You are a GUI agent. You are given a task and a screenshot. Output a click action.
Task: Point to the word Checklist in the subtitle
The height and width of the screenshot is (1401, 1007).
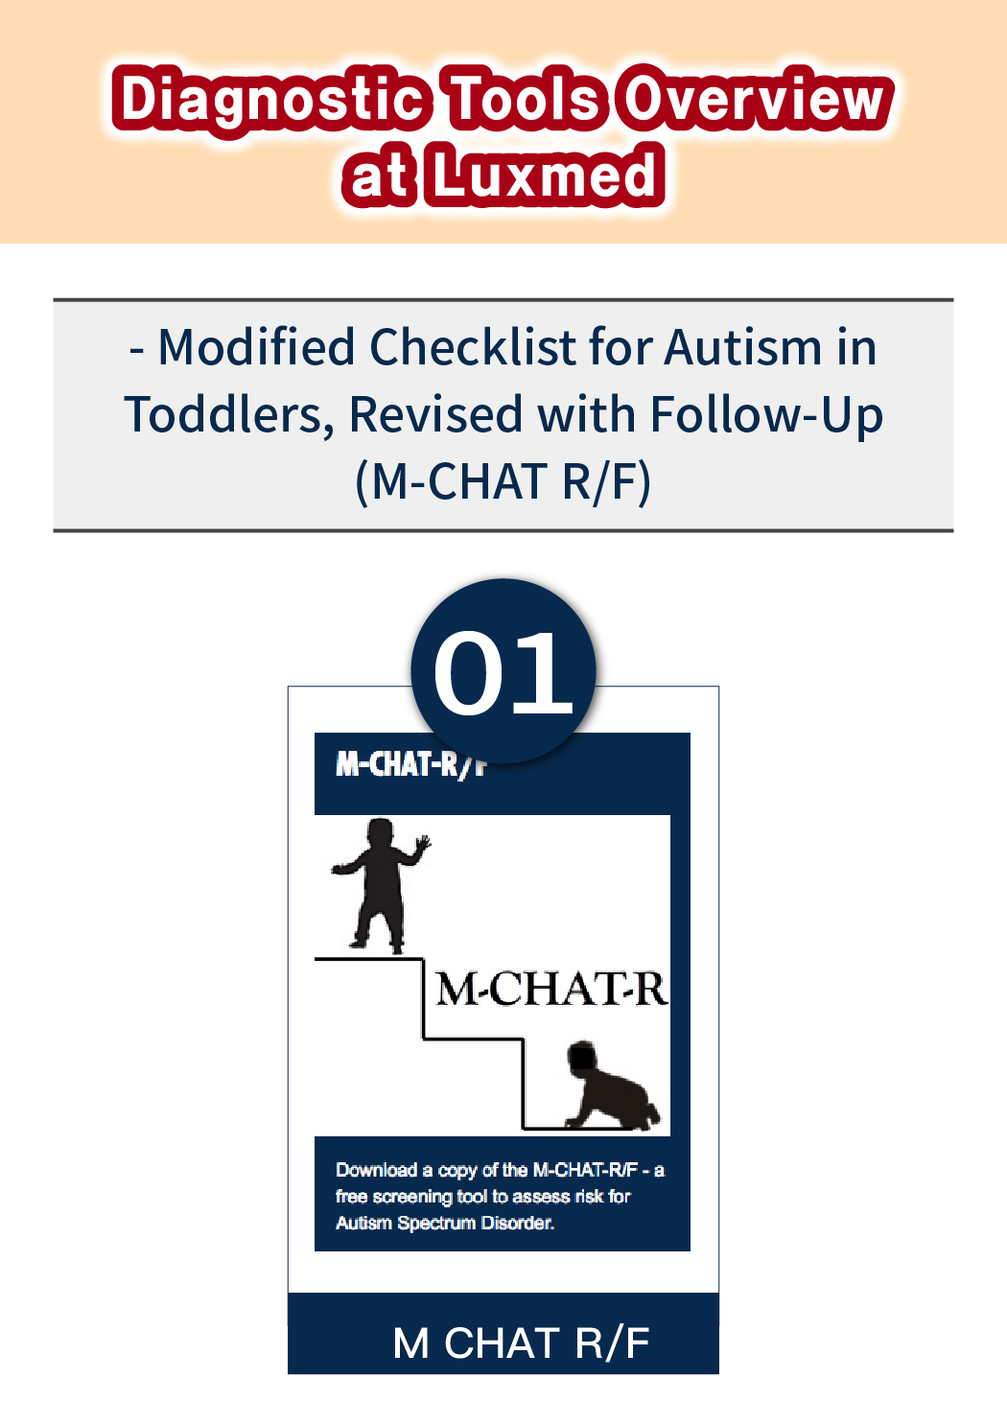pyautogui.click(x=472, y=347)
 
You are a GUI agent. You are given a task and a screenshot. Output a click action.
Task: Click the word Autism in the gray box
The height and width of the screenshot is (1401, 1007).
pyautogui.click(x=742, y=347)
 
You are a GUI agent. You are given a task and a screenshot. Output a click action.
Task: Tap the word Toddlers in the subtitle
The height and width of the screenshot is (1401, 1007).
pyautogui.click(x=229, y=414)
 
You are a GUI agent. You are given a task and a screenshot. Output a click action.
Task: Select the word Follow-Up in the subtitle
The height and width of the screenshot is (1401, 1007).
pyautogui.click(x=767, y=416)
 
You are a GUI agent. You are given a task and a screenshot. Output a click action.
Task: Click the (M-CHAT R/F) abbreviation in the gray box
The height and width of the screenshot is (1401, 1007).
pyautogui.click(x=503, y=482)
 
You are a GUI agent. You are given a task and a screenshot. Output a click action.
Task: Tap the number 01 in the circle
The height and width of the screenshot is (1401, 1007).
pyautogui.click(x=503, y=672)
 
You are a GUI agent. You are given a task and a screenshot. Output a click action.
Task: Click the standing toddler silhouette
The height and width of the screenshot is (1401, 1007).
pyautogui.click(x=380, y=885)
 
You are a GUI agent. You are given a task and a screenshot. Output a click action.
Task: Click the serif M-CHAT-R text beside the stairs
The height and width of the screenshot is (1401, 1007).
pyautogui.click(x=551, y=990)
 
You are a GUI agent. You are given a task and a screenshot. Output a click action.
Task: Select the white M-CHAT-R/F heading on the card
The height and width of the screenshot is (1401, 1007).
pyautogui.click(x=410, y=763)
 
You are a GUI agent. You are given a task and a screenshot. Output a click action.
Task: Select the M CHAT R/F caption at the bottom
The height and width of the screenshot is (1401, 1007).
pyautogui.click(x=521, y=1343)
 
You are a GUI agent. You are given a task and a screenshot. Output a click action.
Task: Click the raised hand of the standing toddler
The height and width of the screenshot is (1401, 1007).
pyautogui.click(x=423, y=844)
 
